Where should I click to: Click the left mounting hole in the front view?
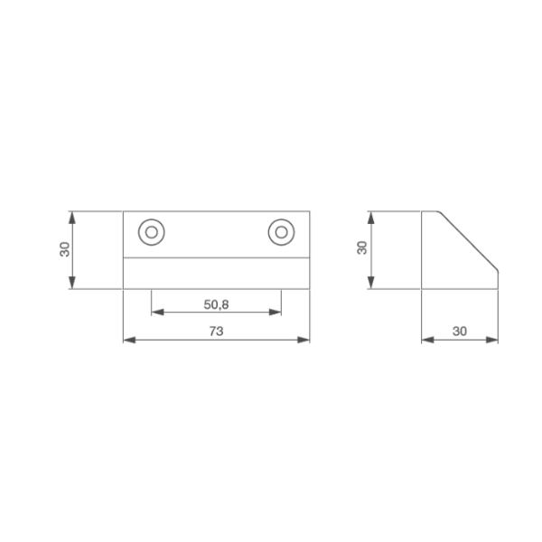(x=151, y=232)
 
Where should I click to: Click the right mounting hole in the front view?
(x=281, y=232)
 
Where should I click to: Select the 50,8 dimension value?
(x=216, y=304)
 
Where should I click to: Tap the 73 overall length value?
(x=216, y=332)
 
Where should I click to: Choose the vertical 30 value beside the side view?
(x=361, y=248)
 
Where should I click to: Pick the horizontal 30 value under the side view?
(x=459, y=332)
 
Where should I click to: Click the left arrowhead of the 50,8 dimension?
(x=155, y=313)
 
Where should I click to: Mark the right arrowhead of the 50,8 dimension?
(x=276, y=313)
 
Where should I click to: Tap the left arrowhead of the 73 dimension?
(x=126, y=340)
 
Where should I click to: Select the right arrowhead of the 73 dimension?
(x=305, y=340)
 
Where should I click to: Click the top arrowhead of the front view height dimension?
(x=71, y=216)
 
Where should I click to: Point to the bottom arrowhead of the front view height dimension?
(x=71, y=285)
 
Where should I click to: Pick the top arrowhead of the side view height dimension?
(x=370, y=216)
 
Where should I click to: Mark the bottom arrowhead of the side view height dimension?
(x=370, y=285)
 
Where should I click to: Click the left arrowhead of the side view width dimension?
(x=426, y=340)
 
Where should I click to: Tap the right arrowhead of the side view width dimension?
(x=493, y=340)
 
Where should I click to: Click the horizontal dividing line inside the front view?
(x=216, y=257)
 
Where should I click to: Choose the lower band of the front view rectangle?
(x=216, y=273)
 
